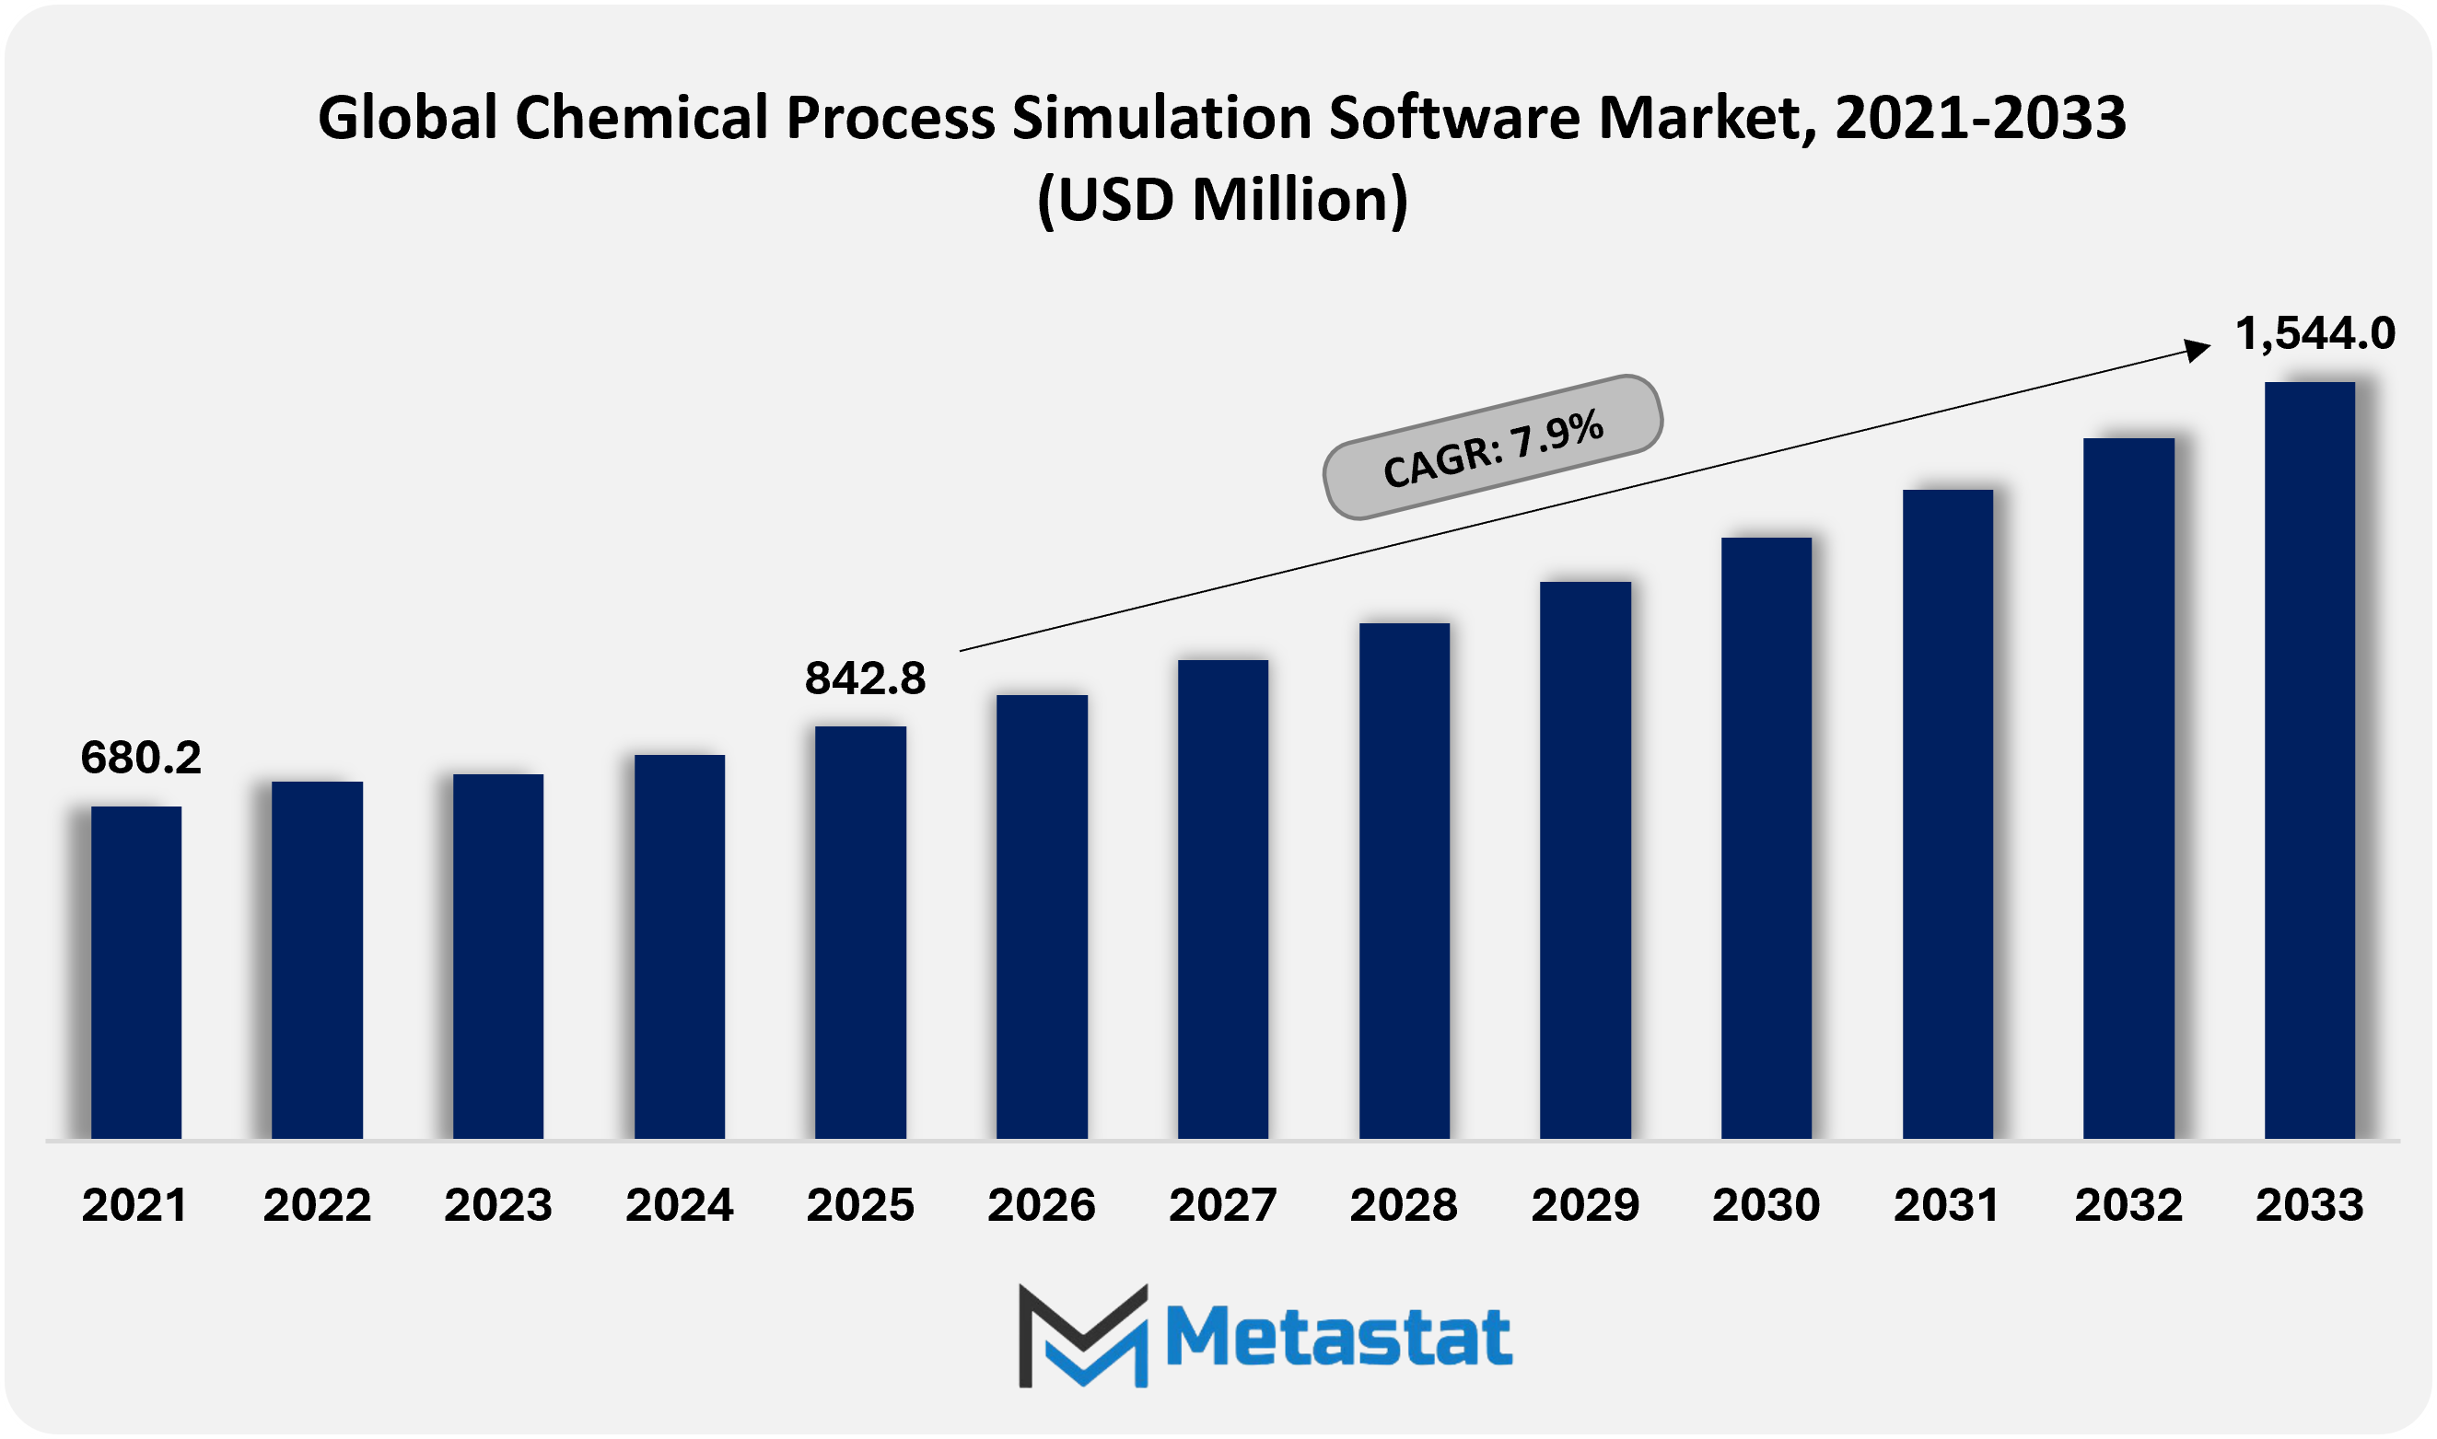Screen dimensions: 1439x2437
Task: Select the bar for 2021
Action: pyautogui.click(x=135, y=971)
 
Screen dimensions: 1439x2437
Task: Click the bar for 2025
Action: pyautogui.click(x=860, y=932)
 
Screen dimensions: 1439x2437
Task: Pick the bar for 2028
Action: pyautogui.click(x=1405, y=880)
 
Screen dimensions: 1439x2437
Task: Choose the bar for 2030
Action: pyautogui.click(x=1766, y=838)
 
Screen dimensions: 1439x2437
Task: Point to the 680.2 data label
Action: pyautogui.click(x=141, y=758)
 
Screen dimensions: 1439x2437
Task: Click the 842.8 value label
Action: pyautogui.click(x=865, y=678)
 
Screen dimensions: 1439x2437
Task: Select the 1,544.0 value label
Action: pyautogui.click(x=2315, y=333)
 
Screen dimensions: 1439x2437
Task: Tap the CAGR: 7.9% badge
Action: pyautogui.click(x=1492, y=447)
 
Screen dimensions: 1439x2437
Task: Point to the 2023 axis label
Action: pyautogui.click(x=497, y=1205)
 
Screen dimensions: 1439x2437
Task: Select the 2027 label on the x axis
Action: pyautogui.click(x=1222, y=1205)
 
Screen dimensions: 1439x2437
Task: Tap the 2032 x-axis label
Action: pyautogui.click(x=2128, y=1205)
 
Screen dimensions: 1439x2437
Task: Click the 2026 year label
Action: pyautogui.click(x=1041, y=1205)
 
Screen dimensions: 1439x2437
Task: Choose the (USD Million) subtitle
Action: pyautogui.click(x=1222, y=200)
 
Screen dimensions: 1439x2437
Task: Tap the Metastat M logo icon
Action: pyautogui.click(x=1083, y=1335)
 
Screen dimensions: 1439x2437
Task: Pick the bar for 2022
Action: pyautogui.click(x=317, y=959)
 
